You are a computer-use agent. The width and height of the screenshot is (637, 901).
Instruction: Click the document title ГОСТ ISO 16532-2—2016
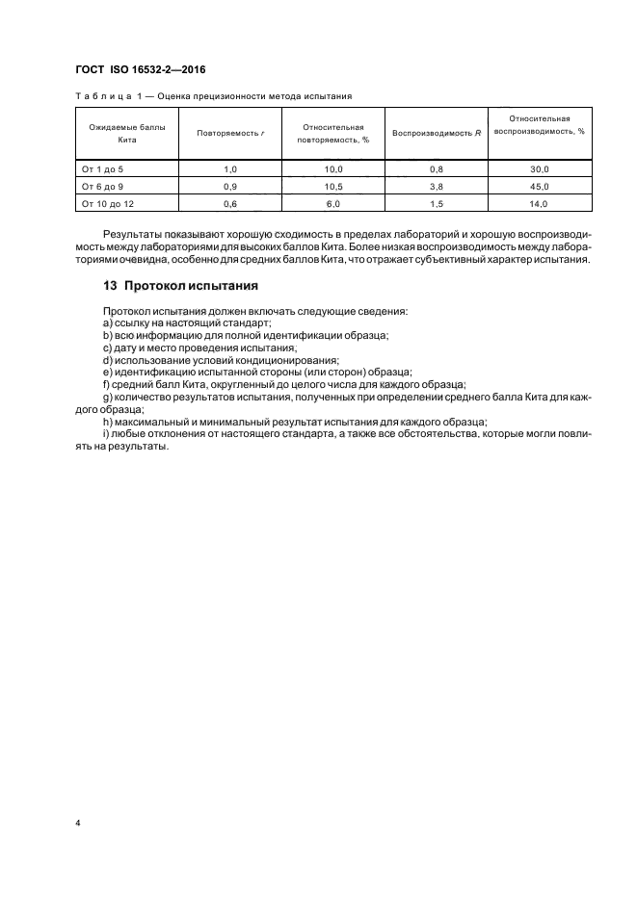click(141, 70)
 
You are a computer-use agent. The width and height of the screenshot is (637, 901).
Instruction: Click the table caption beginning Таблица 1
click(213, 96)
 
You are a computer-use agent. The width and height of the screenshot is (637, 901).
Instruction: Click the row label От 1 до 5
click(103, 168)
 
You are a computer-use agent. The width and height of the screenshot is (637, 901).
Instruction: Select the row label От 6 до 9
click(103, 186)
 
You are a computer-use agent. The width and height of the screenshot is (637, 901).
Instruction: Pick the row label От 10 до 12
click(107, 203)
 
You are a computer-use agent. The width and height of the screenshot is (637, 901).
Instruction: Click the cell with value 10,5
click(333, 186)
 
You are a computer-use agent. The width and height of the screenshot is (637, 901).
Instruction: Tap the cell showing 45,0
click(540, 186)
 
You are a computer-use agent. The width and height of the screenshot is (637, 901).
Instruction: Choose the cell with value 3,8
click(436, 186)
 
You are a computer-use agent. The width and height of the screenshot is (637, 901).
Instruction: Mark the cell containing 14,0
click(540, 203)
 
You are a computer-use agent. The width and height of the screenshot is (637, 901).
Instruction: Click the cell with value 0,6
click(229, 203)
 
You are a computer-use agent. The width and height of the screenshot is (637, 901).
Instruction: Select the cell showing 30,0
click(540, 168)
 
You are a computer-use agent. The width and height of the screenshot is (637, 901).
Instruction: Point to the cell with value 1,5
click(436, 203)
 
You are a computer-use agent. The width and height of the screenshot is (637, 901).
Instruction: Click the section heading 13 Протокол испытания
click(180, 286)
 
